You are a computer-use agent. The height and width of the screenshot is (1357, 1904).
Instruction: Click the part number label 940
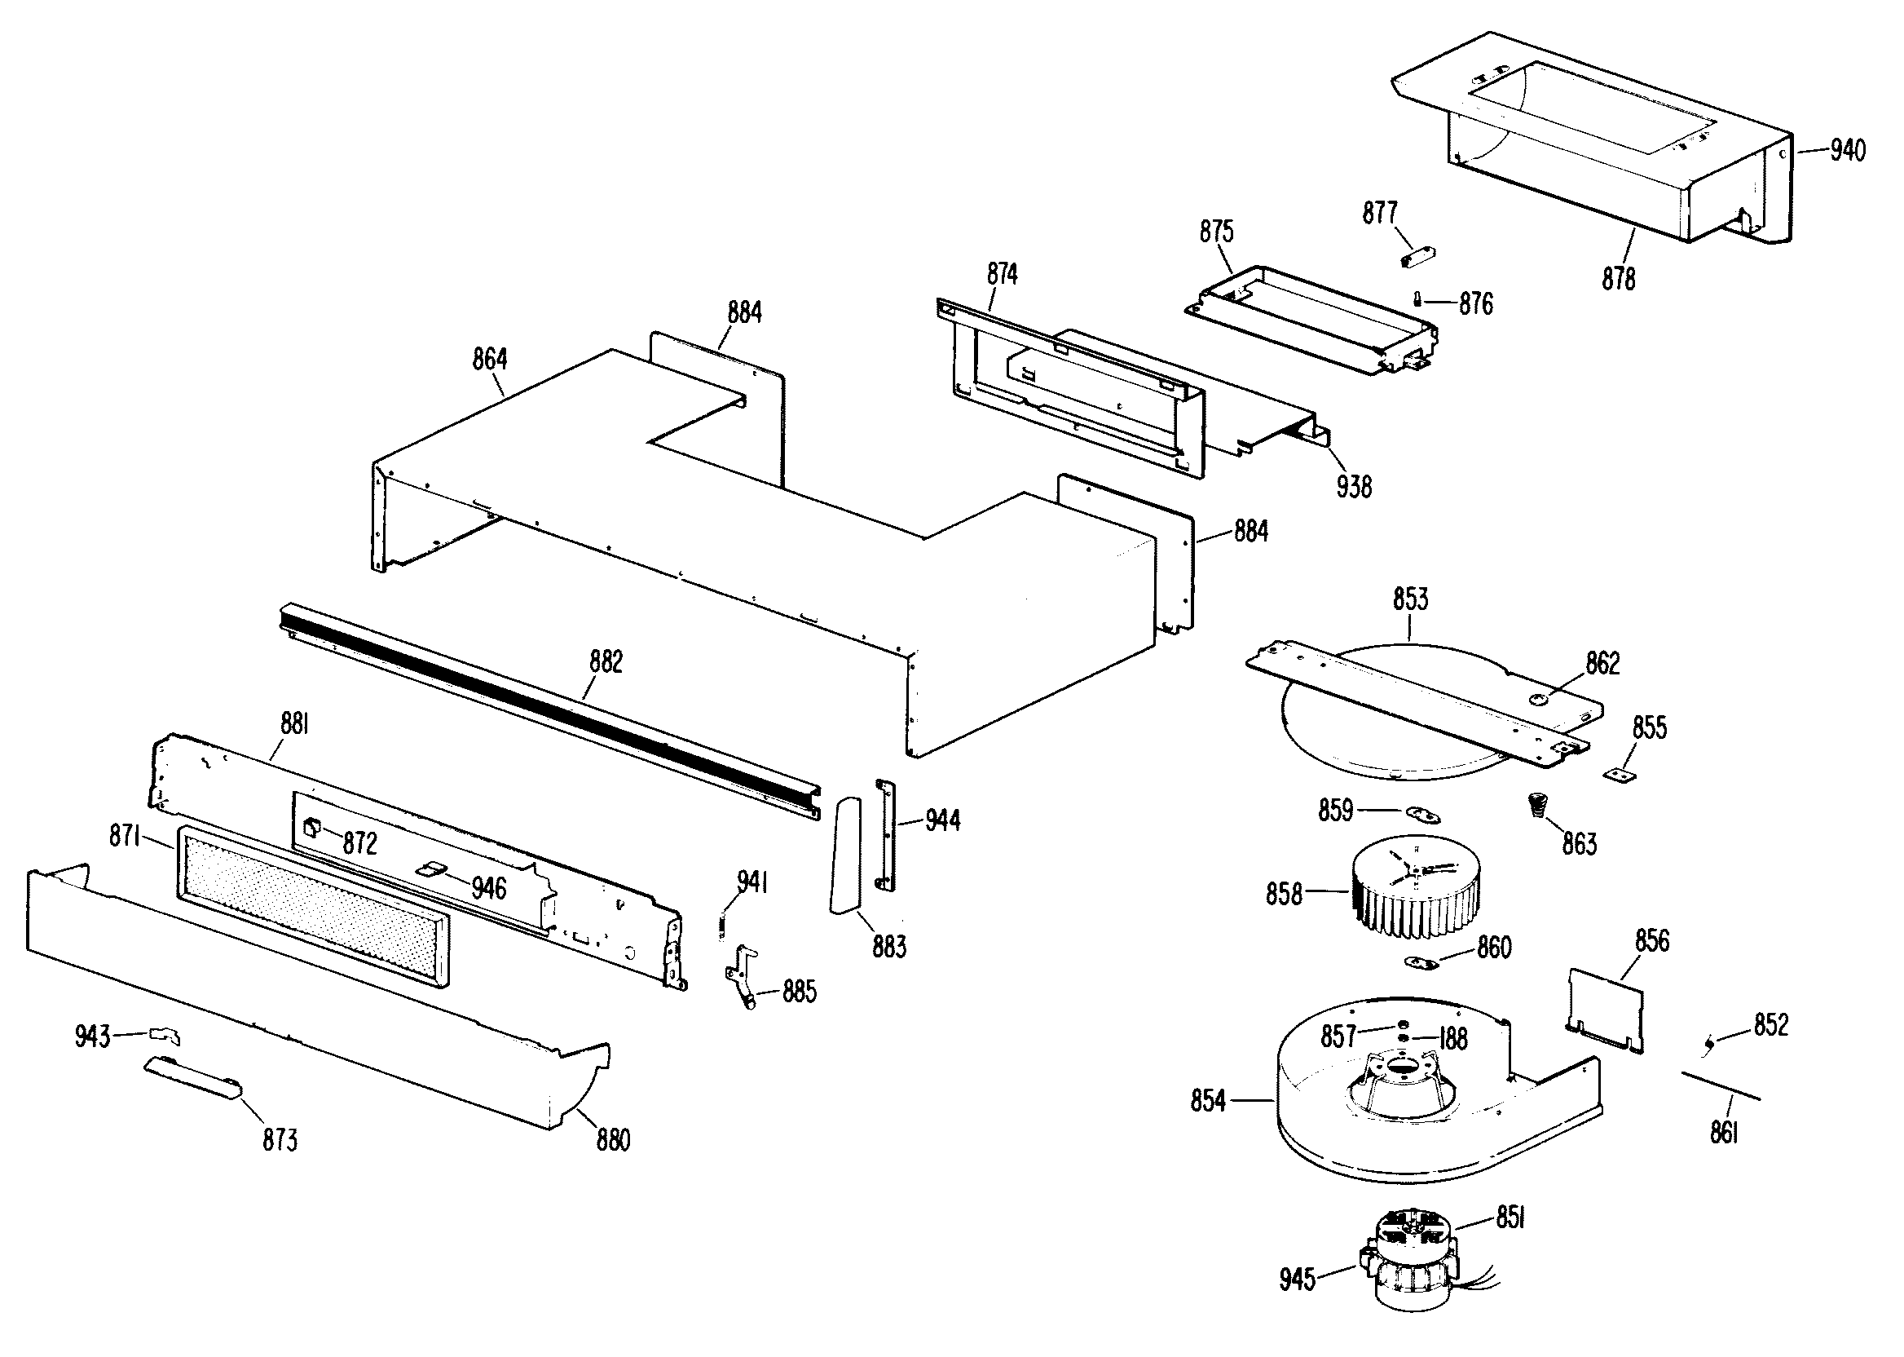point(1846,151)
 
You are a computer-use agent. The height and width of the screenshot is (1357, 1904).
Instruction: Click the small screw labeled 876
point(1417,300)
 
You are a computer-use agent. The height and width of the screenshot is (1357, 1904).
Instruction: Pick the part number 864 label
point(489,360)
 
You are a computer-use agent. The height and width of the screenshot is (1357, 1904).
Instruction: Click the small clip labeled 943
point(165,1037)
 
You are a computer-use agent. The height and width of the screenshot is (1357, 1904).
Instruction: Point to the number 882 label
point(606,662)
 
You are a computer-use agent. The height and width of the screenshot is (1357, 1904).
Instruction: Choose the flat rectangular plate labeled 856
point(1606,1008)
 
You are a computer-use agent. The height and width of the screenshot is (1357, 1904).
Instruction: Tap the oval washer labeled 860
point(1421,961)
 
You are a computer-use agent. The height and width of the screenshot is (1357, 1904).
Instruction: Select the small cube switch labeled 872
point(312,827)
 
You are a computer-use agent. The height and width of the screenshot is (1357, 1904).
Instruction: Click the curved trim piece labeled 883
point(845,855)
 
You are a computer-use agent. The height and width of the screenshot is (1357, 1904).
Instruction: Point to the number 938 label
point(1354,485)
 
